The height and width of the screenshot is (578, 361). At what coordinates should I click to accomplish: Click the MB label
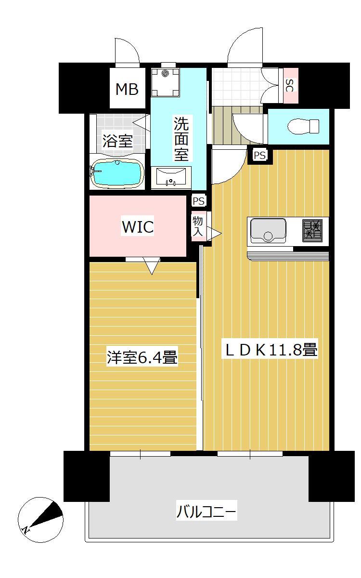point(127,89)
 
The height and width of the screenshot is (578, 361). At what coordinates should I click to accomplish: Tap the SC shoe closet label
point(290,86)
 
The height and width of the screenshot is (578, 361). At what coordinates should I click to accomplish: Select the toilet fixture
point(303,127)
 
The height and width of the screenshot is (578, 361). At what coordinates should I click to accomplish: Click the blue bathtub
point(117,174)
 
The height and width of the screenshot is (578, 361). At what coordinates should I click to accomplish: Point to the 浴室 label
point(117,141)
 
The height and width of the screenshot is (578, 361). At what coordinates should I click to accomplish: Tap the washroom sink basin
point(171,176)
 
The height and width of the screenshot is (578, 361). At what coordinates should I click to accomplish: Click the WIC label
point(138,227)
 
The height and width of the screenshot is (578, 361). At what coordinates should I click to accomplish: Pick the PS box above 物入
point(198,200)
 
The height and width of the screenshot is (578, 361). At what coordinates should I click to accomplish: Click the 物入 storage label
point(198,225)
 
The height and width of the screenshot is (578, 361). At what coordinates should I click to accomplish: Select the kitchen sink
point(268,230)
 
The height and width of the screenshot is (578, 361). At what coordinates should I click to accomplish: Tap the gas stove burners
point(312,229)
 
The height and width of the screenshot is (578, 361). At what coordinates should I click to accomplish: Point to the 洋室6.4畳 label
point(142,358)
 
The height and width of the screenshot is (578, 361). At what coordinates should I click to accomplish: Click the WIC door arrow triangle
point(152,265)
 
